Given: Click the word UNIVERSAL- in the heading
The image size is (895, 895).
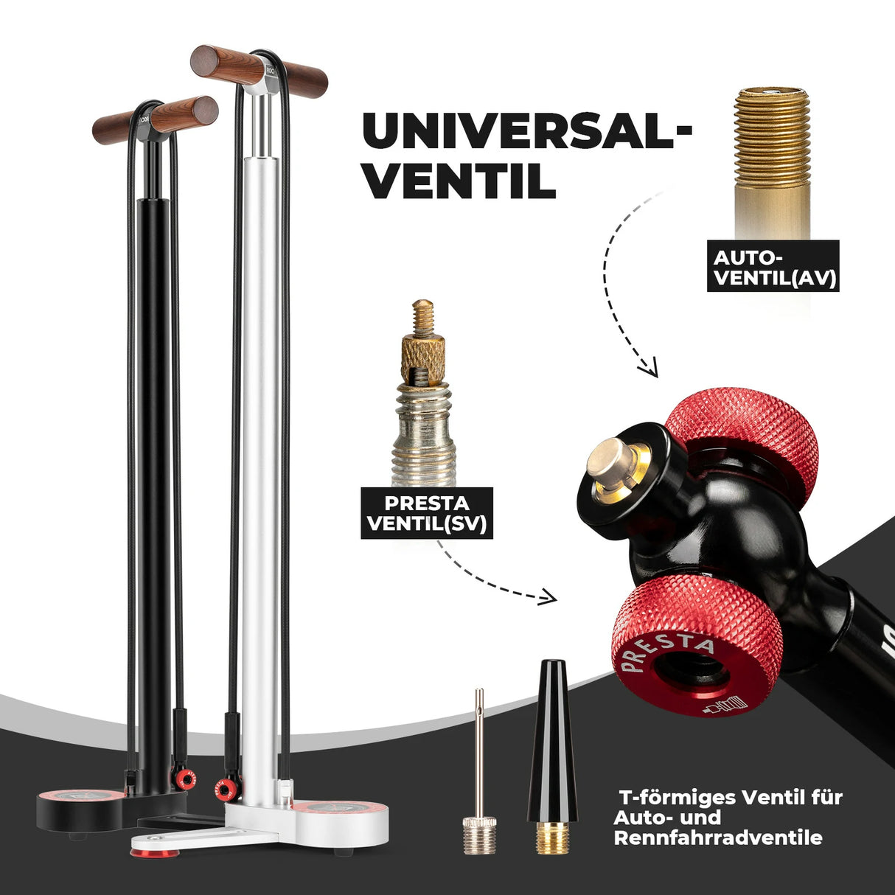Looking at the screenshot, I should click(x=527, y=132).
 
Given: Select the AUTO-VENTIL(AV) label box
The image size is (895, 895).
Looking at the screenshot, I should click(x=773, y=266).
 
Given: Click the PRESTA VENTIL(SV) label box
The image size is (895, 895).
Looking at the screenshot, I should click(x=427, y=513).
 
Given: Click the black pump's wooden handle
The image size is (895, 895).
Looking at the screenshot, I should click(x=156, y=120).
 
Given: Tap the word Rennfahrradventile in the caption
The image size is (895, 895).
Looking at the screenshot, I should click(x=717, y=838).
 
